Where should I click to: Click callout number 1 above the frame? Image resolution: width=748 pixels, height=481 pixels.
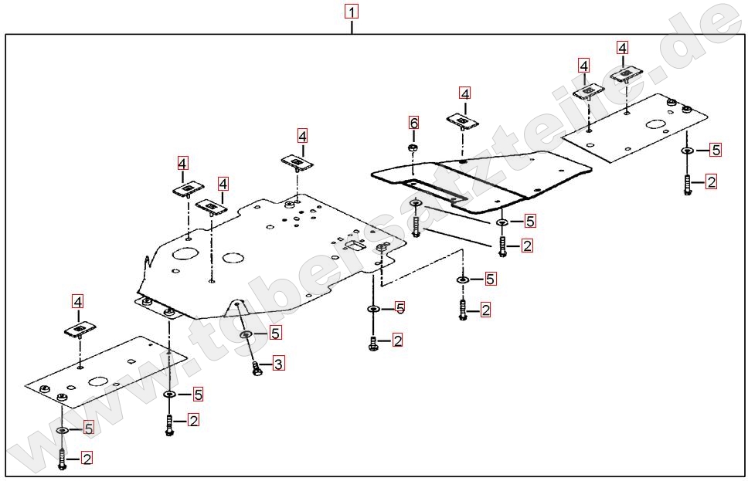[352, 12]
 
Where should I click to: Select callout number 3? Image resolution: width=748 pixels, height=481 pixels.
[278, 362]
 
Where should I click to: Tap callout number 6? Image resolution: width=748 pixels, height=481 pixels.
[413, 123]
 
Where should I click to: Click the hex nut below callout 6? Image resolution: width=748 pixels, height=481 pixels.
[413, 147]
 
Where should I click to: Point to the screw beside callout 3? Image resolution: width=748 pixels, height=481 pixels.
[258, 369]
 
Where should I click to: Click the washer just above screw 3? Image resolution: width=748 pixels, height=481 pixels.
[246, 334]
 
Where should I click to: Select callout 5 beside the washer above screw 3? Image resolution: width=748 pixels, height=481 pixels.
[275, 333]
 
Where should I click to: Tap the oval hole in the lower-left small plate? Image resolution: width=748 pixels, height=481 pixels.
[98, 381]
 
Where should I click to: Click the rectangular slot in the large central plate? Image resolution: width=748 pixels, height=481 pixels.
[355, 246]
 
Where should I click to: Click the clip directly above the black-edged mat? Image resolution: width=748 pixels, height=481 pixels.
[462, 121]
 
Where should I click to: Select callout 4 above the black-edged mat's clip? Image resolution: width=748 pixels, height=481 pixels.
[464, 93]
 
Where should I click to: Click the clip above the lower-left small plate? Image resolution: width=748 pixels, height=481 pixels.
[79, 329]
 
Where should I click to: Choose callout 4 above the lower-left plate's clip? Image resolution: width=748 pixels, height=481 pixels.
[78, 301]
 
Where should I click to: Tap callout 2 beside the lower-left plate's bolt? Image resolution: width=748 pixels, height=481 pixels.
[87, 459]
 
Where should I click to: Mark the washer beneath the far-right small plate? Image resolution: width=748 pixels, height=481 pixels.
[687, 150]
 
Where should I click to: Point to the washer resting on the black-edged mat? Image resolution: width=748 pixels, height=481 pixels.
[416, 203]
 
